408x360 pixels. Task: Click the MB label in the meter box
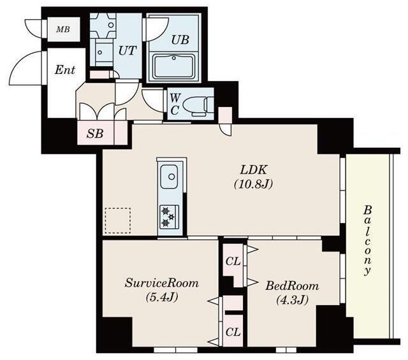pyautogui.click(x=63, y=29)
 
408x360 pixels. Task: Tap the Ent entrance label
pyautogui.click(x=65, y=69)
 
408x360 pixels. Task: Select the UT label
pyautogui.click(x=127, y=50)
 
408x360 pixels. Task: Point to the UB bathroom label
pyautogui.click(x=180, y=40)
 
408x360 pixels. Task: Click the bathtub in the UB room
pyautogui.click(x=174, y=67)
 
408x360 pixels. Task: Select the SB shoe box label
pyautogui.click(x=95, y=134)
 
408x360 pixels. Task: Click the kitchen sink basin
pyautogui.click(x=170, y=176)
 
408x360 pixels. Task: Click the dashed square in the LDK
pyautogui.click(x=118, y=220)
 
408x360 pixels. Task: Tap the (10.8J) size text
pyautogui.click(x=253, y=184)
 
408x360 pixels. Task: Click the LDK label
pyautogui.click(x=254, y=170)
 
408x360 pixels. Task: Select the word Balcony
pyautogui.click(x=367, y=240)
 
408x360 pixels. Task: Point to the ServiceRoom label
pyautogui.click(x=161, y=283)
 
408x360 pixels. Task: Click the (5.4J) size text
pyautogui.click(x=162, y=297)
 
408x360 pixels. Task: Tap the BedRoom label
pyautogui.click(x=292, y=286)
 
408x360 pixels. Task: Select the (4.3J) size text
pyautogui.click(x=292, y=300)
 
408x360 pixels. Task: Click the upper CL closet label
pyautogui.click(x=233, y=261)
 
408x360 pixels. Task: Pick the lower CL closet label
pyautogui.click(x=233, y=332)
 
